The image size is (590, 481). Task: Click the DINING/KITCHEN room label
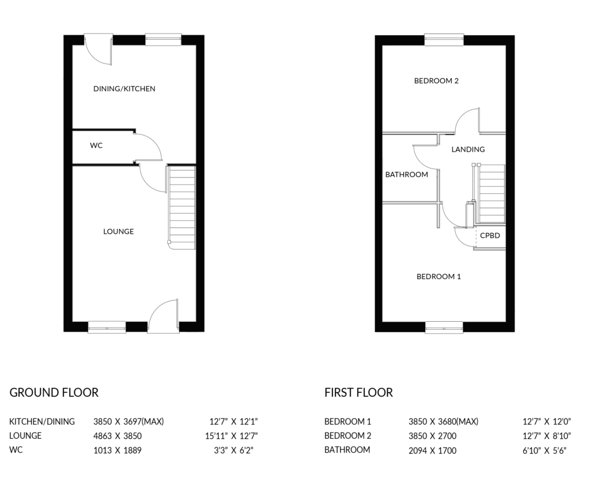[124, 89]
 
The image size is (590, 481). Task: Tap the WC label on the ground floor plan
[96, 145]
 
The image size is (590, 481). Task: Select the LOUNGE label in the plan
[119, 231]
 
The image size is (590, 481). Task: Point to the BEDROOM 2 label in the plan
[436, 81]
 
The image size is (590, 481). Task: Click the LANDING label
[468, 149]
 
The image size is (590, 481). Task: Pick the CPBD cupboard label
[490, 236]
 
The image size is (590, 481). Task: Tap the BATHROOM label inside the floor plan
[407, 174]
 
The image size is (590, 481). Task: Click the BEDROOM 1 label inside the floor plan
[438, 276]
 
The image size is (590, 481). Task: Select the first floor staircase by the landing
[492, 194]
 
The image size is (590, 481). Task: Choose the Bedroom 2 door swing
[467, 121]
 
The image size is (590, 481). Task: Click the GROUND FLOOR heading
[54, 393]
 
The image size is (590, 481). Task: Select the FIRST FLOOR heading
[358, 393]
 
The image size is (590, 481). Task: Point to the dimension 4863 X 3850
[118, 436]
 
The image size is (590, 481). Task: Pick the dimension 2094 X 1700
[432, 450]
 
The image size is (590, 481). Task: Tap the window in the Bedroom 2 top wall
[444, 40]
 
